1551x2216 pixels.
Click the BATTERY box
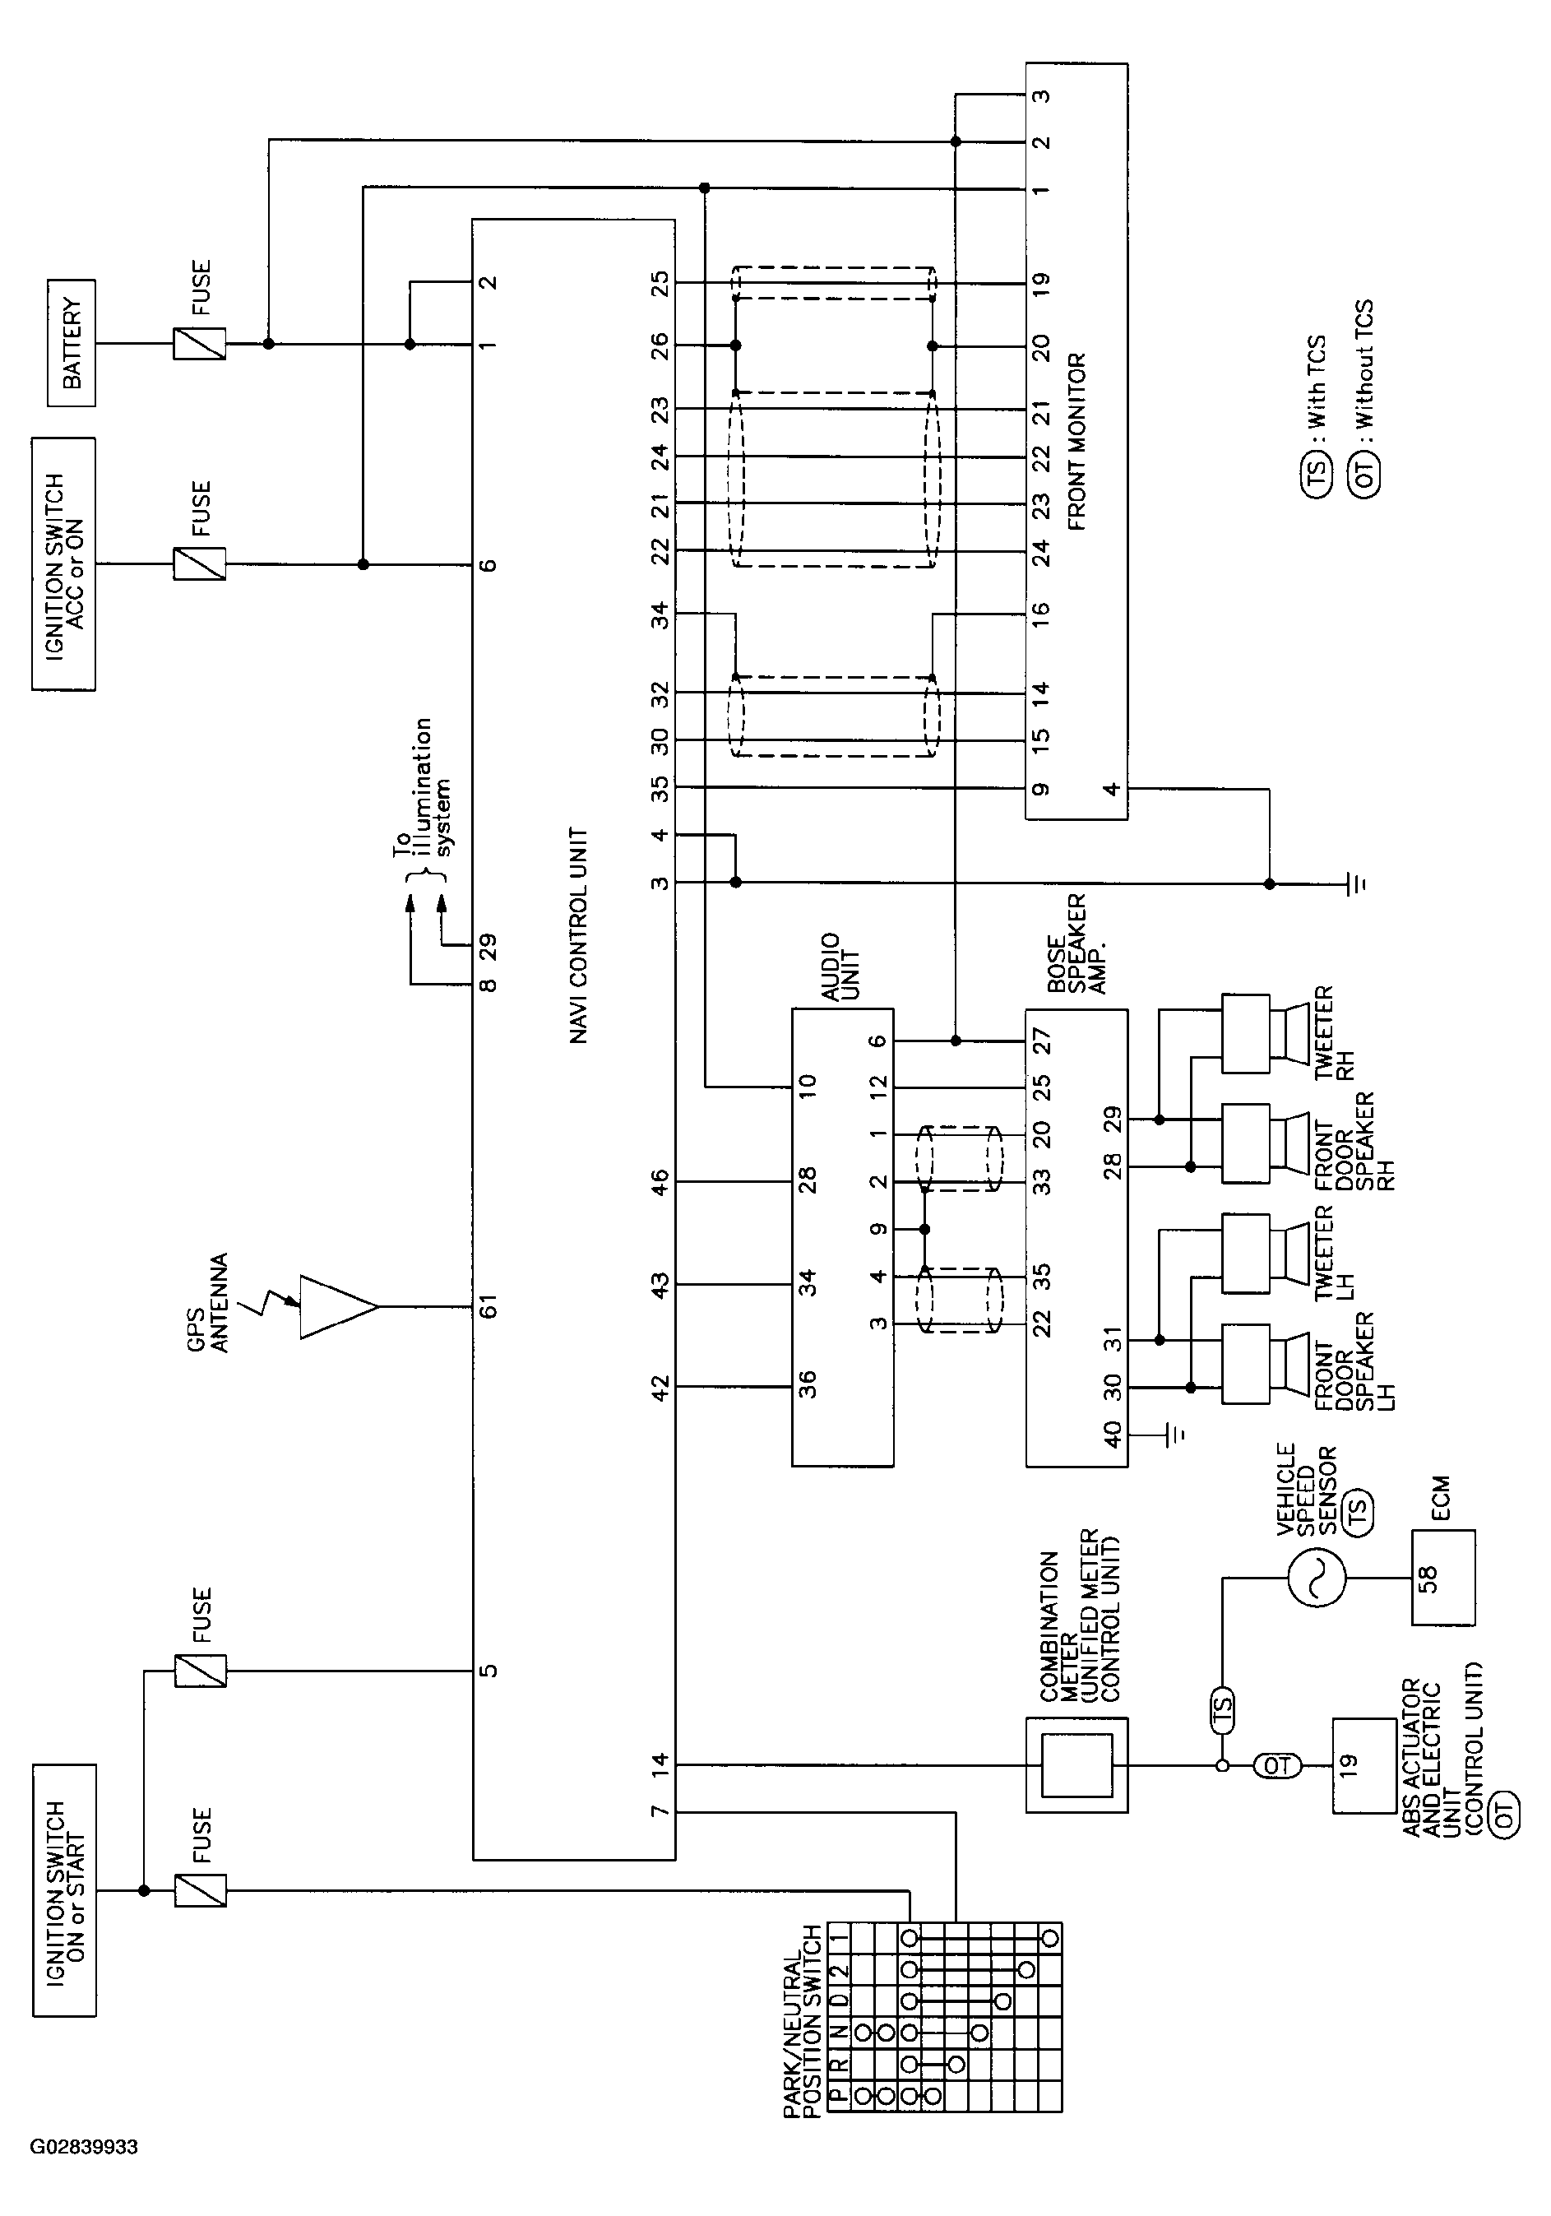click(72, 343)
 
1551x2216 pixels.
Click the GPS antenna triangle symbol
click(338, 1307)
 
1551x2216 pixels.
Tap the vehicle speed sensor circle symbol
click(1317, 1578)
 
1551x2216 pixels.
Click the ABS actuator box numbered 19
click(1363, 1765)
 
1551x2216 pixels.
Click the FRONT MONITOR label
click(1077, 442)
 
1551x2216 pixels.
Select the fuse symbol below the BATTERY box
click(200, 344)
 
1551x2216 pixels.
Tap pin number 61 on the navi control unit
click(489, 1308)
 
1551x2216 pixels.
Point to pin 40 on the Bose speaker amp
click(1112, 1435)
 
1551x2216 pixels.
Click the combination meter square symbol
click(1076, 1765)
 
